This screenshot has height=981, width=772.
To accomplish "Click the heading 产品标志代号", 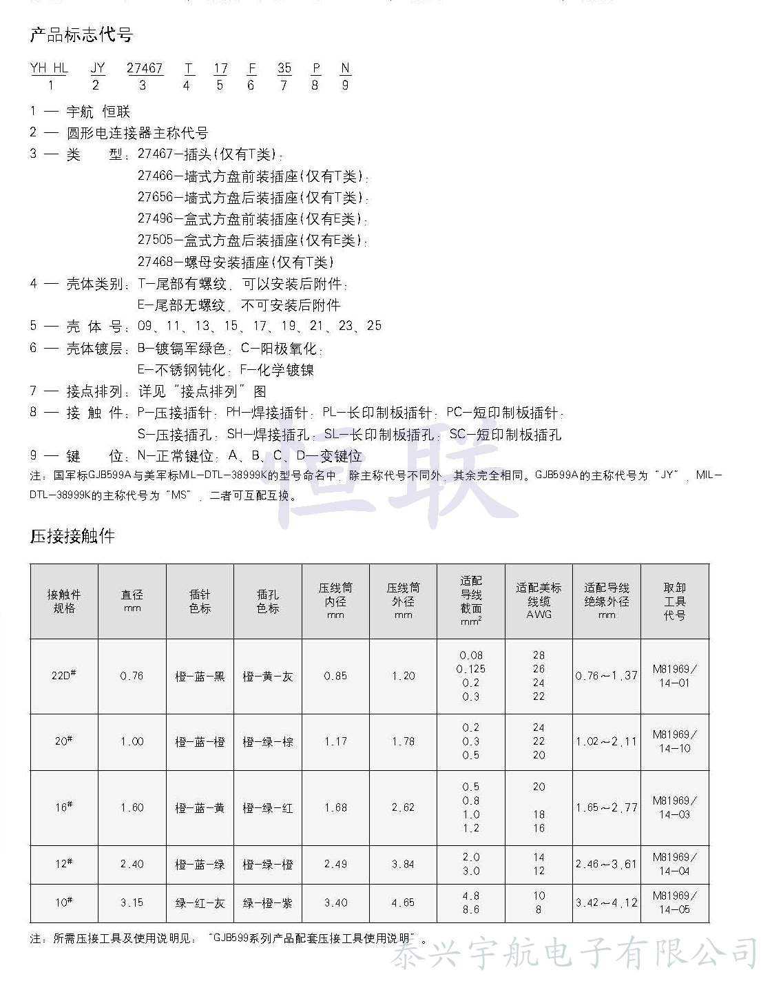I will click(81, 35).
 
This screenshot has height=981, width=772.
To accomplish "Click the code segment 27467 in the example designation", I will click(145, 68).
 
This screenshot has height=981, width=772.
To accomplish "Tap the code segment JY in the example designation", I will click(98, 68).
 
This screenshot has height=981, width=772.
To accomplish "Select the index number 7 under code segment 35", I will click(283, 85).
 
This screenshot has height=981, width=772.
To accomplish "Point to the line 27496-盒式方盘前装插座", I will click(252, 219).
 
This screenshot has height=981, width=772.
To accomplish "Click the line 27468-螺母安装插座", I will click(236, 262).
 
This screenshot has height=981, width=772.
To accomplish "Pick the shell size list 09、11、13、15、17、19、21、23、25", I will click(260, 326).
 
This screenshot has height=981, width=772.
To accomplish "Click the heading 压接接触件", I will click(72, 536).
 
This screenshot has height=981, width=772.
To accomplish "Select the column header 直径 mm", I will click(132, 601).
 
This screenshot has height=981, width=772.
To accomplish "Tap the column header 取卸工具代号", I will click(675, 601).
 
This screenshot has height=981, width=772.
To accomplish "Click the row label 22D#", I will click(64, 675).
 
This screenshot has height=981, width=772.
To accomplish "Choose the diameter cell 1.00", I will click(132, 741).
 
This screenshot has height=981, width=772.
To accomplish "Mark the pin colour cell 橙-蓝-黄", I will click(200, 807).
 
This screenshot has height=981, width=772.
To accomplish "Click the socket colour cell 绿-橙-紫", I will click(268, 902).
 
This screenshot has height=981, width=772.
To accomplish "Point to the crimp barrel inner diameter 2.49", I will click(335, 864).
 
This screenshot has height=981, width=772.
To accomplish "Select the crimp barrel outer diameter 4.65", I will click(404, 902).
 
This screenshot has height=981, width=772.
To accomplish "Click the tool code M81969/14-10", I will click(675, 741).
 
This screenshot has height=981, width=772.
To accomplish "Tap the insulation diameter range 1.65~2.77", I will click(607, 807).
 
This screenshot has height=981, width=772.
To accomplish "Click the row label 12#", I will click(64, 864).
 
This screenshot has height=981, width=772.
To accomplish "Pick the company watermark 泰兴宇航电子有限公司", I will click(576, 956).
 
